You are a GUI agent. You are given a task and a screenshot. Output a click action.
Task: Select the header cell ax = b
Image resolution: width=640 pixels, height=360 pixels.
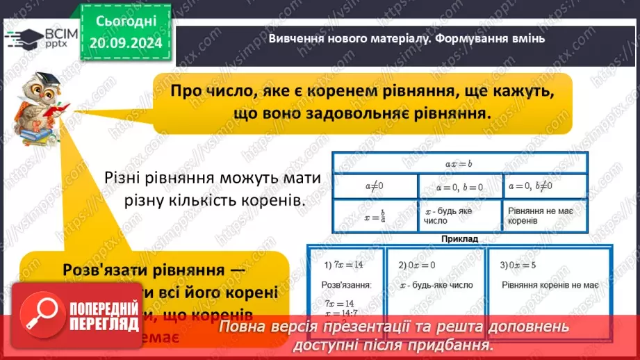(x=459, y=163)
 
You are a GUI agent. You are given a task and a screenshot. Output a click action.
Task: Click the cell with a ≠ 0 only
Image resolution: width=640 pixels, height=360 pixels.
(x=375, y=186)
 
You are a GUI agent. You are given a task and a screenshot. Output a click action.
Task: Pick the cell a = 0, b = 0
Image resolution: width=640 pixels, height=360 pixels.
(x=461, y=186)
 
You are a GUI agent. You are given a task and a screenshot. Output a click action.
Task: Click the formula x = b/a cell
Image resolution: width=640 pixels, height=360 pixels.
(x=375, y=215)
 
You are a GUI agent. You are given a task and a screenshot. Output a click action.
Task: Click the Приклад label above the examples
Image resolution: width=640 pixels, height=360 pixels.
(x=459, y=238)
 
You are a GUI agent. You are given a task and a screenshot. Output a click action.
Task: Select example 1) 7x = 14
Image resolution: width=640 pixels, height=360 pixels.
(x=345, y=265)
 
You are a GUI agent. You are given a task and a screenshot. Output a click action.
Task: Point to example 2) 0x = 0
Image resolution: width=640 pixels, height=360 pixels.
(x=417, y=265)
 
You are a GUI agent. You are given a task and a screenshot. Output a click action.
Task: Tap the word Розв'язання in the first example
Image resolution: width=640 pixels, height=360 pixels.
(x=345, y=285)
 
